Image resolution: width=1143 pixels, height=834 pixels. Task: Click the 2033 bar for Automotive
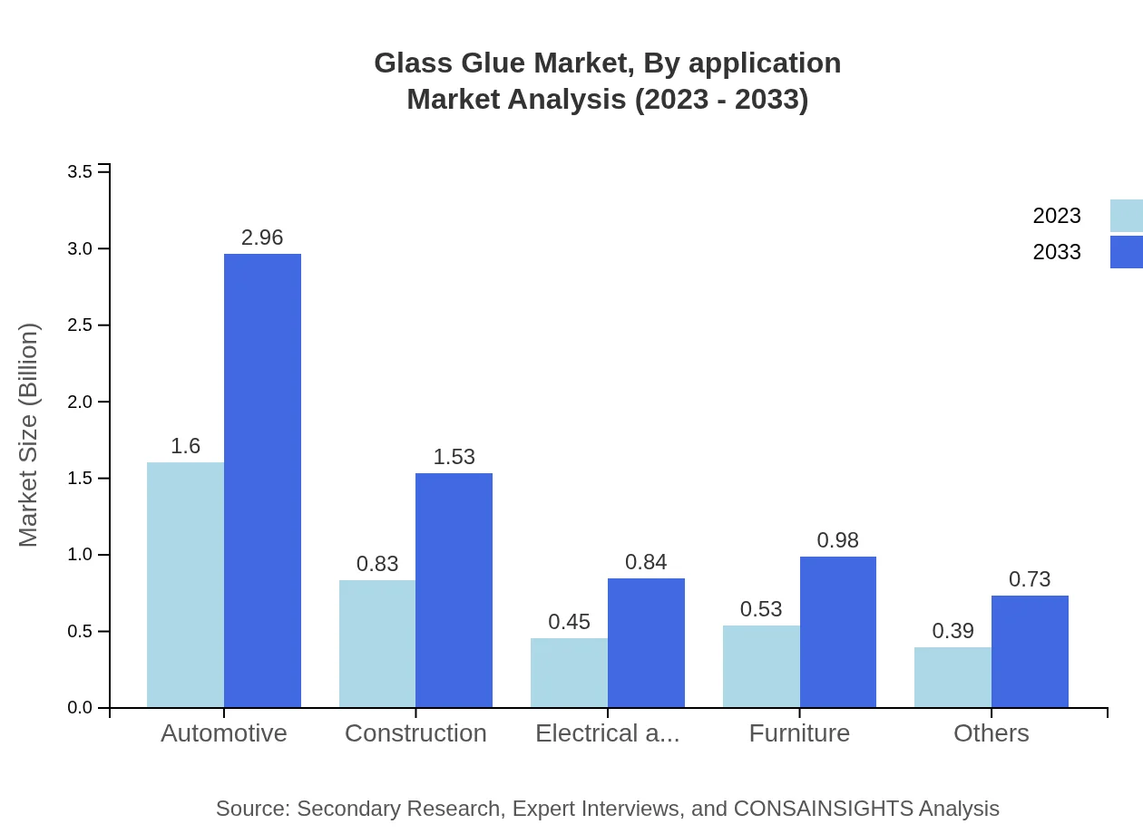pyautogui.click(x=262, y=480)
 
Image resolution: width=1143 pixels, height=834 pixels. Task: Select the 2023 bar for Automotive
pyautogui.click(x=185, y=585)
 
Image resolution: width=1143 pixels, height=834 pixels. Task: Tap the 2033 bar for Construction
pyautogui.click(x=454, y=590)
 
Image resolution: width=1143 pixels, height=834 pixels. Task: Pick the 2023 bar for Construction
pyautogui.click(x=377, y=644)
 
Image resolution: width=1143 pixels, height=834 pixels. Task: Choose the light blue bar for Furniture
pyautogui.click(x=761, y=666)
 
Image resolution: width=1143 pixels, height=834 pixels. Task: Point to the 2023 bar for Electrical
pyautogui.click(x=569, y=673)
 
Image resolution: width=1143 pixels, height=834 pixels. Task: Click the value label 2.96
pyautogui.click(x=262, y=238)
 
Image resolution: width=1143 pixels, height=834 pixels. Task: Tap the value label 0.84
pyautogui.click(x=646, y=562)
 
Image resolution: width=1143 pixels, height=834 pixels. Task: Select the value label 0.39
pyautogui.click(x=952, y=631)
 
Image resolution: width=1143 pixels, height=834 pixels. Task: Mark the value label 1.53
pyautogui.click(x=454, y=457)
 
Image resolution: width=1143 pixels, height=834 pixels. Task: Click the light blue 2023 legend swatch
pyautogui.click(x=1126, y=216)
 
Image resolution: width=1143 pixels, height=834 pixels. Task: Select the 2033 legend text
pyautogui.click(x=1057, y=252)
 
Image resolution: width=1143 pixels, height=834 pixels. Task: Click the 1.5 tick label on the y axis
pyautogui.click(x=80, y=479)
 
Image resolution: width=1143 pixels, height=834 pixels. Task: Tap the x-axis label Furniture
pyautogui.click(x=799, y=732)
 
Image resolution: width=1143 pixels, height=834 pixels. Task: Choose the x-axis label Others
pyautogui.click(x=991, y=732)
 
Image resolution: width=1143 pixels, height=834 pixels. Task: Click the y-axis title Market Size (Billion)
pyautogui.click(x=29, y=435)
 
